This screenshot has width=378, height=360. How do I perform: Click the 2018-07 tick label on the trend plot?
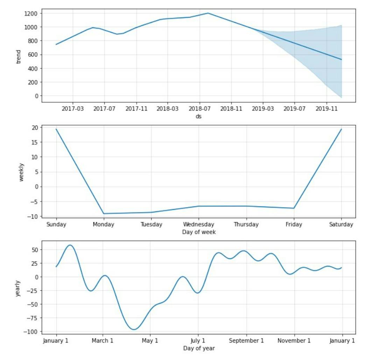[199, 109]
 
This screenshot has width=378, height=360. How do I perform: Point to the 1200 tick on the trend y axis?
[32, 13]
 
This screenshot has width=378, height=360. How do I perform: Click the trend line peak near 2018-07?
[208, 13]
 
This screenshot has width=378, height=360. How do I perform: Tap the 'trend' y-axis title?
[19, 57]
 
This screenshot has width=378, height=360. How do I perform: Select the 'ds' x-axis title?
[198, 116]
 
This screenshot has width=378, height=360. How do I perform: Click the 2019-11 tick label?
[327, 109]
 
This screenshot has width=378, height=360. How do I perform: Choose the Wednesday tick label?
[198, 225]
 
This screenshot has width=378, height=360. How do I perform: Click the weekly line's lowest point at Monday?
[104, 213]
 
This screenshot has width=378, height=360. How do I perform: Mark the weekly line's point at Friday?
[294, 208]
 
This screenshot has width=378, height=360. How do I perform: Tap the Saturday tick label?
[341, 225]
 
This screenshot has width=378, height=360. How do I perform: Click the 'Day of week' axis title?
[198, 232]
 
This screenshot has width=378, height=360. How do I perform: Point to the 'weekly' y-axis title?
[22, 172]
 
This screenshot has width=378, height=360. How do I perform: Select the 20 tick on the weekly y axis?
[35, 127]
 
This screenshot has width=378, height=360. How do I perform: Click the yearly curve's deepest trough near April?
[134, 329]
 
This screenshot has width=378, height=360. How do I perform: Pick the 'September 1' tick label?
[246, 340]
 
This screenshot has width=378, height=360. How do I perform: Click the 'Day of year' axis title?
[198, 348]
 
